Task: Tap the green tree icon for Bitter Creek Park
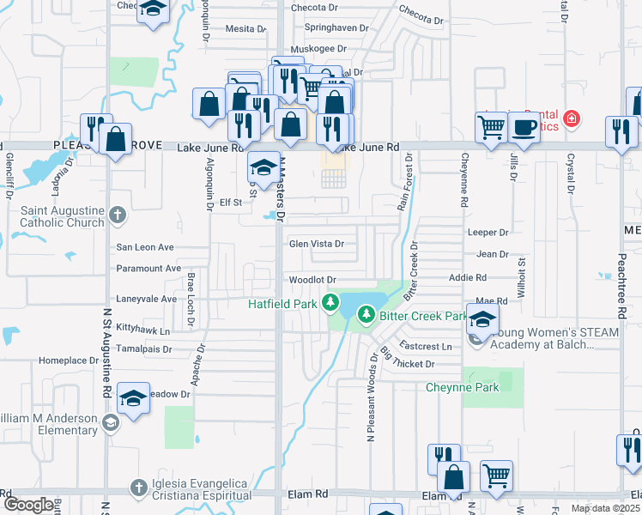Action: pos(366,316)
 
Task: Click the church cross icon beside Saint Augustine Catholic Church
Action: pos(117,215)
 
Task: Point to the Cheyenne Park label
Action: pos(463,388)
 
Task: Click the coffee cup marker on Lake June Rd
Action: pos(524,128)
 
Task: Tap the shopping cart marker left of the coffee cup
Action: pos(491,128)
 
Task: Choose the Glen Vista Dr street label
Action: pos(316,244)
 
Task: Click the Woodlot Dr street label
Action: pos(312,280)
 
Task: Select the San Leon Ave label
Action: pos(145,247)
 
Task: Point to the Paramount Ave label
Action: pos(148,269)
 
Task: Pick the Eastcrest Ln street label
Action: pos(426,347)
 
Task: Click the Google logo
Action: pos(27,505)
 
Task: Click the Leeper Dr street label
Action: pos(488,233)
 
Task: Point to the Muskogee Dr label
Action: pos(317,50)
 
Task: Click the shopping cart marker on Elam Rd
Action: pos(496,476)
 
